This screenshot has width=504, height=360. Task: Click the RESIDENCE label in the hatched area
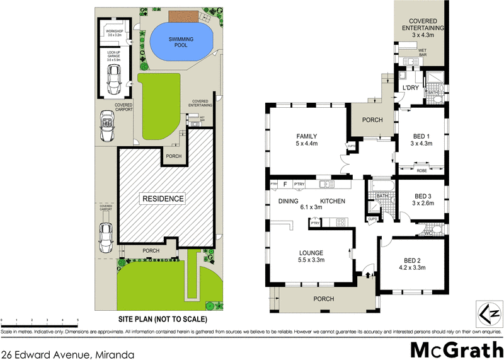[163, 199]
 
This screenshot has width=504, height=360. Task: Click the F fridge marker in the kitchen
[285, 185]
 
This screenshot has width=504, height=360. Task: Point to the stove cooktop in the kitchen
[341, 222]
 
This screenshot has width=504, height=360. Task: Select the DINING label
[288, 201]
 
